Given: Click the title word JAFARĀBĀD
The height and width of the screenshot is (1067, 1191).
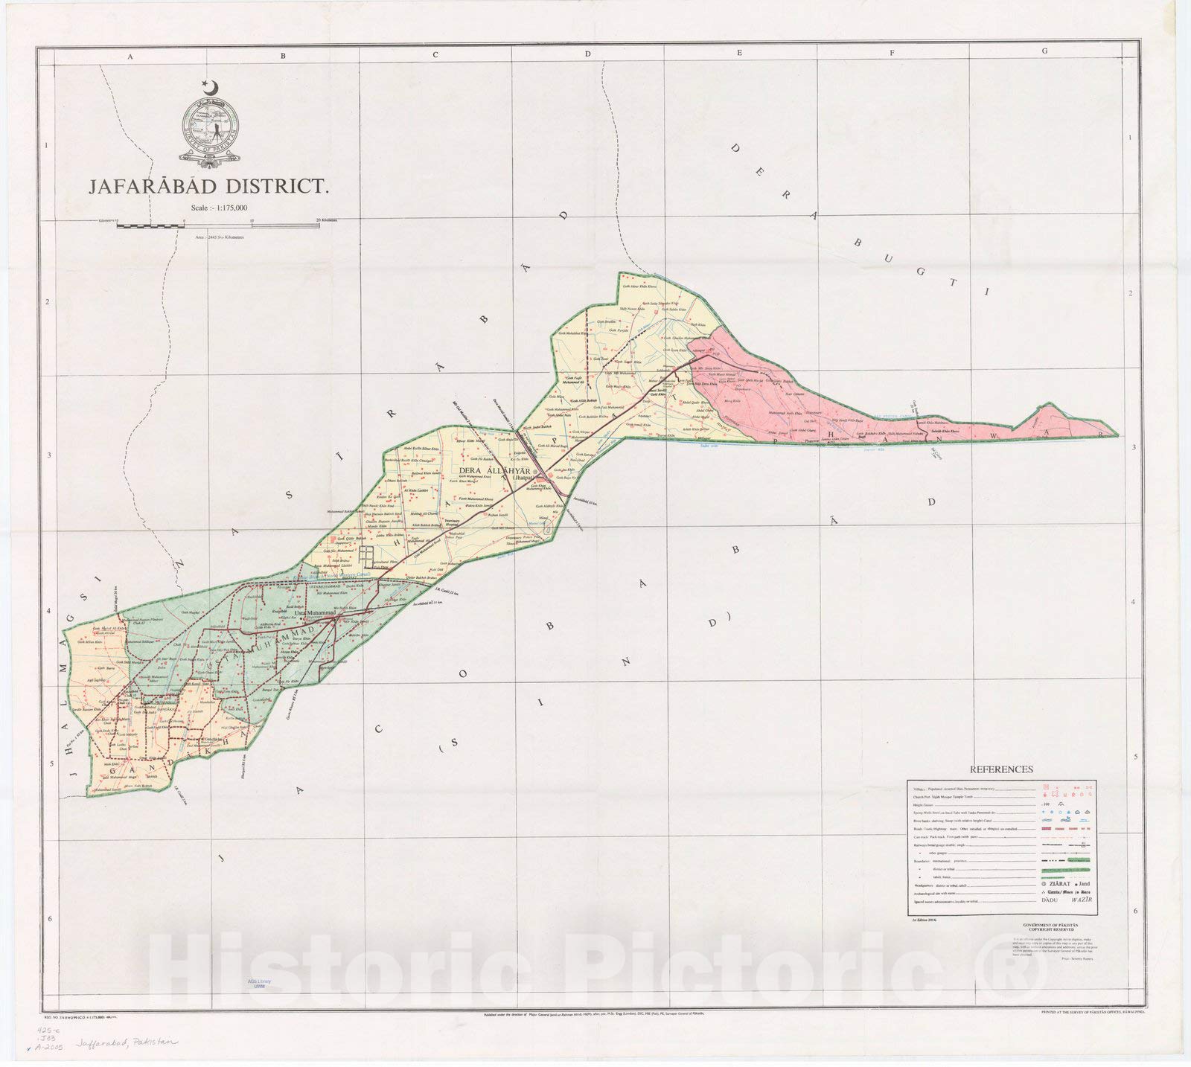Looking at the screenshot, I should pos(150,186).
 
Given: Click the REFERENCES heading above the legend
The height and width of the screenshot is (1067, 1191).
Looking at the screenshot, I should pos(1000,769).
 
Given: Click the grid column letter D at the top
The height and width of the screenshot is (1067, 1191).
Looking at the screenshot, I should pos(587,53).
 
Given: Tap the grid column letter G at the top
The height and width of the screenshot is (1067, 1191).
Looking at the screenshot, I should pos(1045,51).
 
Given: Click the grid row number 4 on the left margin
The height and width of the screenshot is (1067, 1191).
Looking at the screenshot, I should pos(49,611).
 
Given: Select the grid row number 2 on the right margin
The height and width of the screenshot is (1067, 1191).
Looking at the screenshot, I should pos(1130,293).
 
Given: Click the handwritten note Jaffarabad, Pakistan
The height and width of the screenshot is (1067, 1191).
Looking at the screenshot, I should pos(123,1044).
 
